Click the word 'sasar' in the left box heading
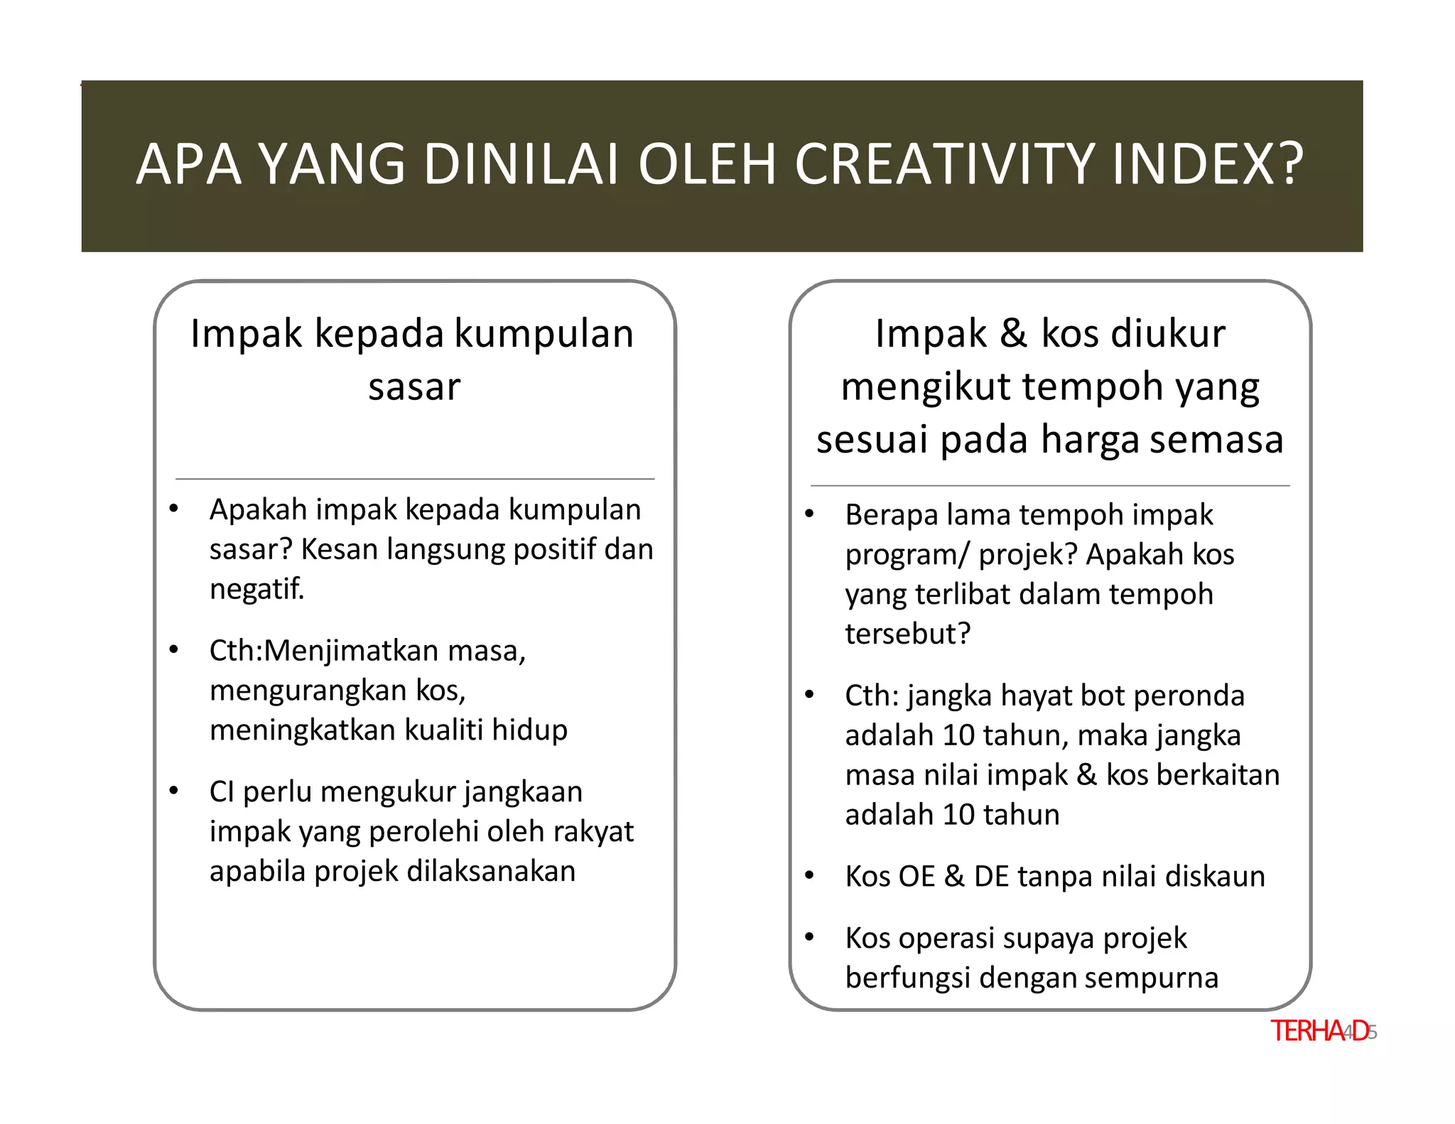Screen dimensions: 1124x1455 click(414, 387)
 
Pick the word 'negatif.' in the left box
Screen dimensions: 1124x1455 click(256, 589)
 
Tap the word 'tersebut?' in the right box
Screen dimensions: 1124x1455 click(907, 634)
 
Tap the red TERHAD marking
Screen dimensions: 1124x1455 click(1319, 1031)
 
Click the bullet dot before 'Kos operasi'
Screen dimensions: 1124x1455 click(809, 937)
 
